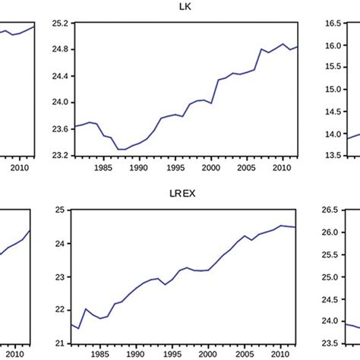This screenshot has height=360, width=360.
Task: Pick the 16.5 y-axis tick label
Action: click(x=335, y=24)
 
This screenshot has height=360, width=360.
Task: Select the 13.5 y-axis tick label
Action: click(x=335, y=155)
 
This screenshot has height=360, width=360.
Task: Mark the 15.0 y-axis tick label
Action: click(x=335, y=90)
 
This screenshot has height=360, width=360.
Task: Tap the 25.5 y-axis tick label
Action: click(x=335, y=254)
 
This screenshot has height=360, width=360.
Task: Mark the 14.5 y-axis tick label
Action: click(x=335, y=112)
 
